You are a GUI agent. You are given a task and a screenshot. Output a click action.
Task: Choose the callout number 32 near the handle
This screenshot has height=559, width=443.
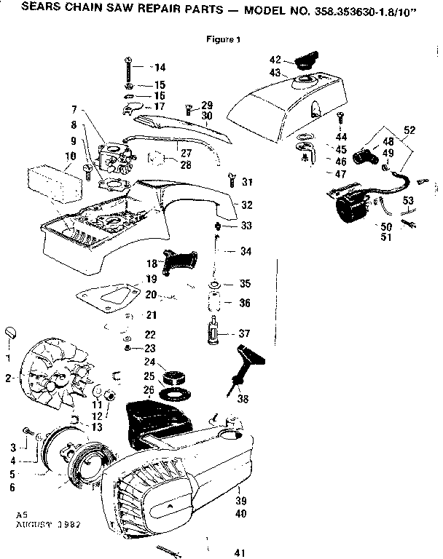pyautogui.click(x=247, y=205)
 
